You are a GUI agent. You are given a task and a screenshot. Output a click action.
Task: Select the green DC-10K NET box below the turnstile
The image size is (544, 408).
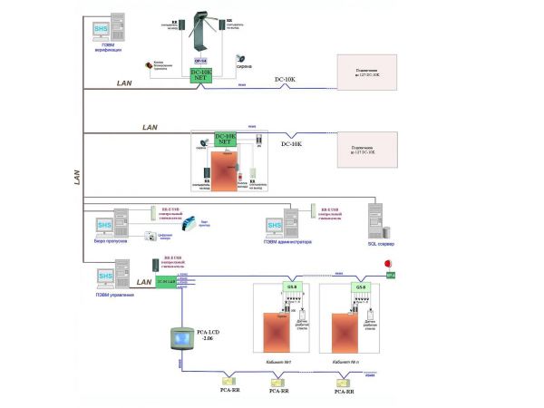coord(201,75)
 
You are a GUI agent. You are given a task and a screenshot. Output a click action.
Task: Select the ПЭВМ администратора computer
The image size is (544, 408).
coord(281,223)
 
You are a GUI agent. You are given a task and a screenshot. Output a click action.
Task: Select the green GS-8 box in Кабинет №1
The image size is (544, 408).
coord(292,288)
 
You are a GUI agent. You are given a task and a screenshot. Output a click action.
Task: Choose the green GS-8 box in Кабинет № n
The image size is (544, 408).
coord(361,288)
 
